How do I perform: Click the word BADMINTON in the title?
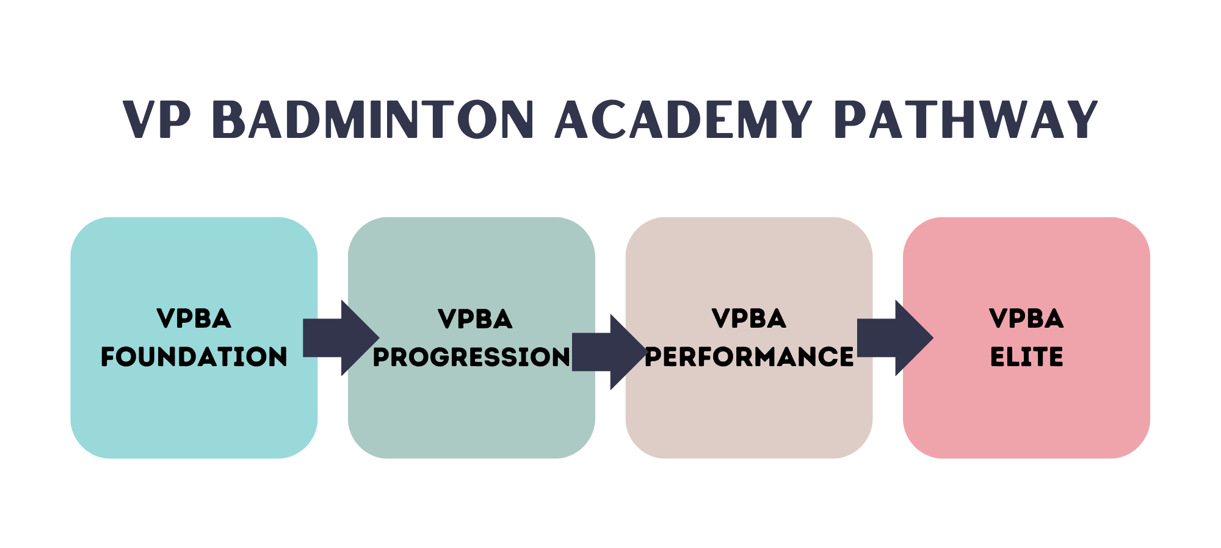[x=373, y=120]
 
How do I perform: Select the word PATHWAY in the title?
[x=965, y=120]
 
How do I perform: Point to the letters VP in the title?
[x=157, y=120]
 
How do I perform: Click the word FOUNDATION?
[x=194, y=357]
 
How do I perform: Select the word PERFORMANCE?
[x=749, y=357]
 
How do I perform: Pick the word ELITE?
[x=1026, y=357]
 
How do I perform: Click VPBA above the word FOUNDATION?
[x=194, y=319]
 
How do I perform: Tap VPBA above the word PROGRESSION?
[x=475, y=319]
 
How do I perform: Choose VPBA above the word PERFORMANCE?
[x=749, y=319]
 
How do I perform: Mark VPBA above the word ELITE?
[x=1026, y=319]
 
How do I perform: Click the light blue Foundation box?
[x=194, y=415]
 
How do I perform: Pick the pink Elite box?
[x=1026, y=415]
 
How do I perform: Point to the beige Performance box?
[x=749, y=415]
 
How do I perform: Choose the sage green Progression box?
[x=471, y=415]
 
